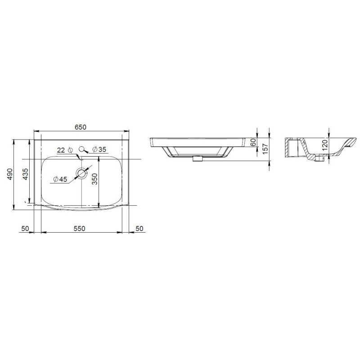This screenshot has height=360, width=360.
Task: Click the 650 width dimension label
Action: pyautogui.click(x=81, y=127)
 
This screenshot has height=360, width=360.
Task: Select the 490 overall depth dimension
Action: pyautogui.click(x=10, y=174)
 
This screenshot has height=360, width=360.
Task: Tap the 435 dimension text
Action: pyautogui.click(x=25, y=174)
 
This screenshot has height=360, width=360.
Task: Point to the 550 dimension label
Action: pyautogui.click(x=80, y=229)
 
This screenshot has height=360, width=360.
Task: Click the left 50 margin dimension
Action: pyautogui.click(x=25, y=229)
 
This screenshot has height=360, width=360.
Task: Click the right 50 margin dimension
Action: pyautogui.click(x=139, y=229)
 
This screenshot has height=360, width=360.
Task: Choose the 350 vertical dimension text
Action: pyautogui.click(x=94, y=179)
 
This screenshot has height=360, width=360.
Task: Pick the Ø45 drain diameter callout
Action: pyautogui.click(x=60, y=179)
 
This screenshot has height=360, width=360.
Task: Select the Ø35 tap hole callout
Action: pyautogui.click(x=99, y=149)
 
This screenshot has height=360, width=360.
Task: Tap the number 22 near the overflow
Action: pyautogui.click(x=61, y=150)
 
